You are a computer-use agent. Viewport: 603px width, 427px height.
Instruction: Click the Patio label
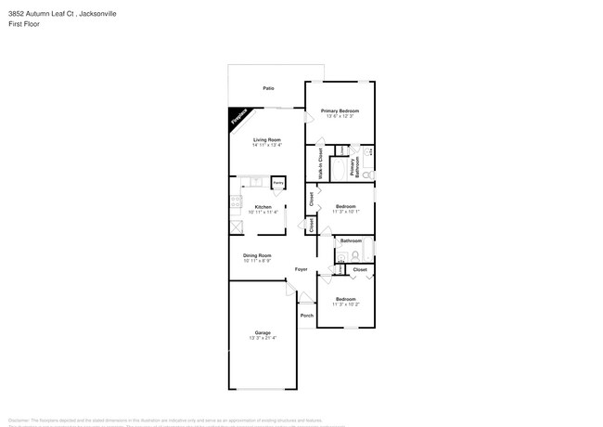pos(268,88)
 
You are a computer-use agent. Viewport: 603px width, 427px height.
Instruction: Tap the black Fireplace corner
pos(238,117)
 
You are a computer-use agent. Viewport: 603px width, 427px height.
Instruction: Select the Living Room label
pos(267,139)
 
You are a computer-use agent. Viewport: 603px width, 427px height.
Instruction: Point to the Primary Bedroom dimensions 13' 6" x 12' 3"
pos(340,116)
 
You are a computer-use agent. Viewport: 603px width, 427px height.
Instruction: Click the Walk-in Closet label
pos(320,162)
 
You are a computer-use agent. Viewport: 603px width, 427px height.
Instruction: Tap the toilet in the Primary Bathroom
pos(367,174)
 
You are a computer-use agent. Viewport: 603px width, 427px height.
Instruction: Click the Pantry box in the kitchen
pos(277,184)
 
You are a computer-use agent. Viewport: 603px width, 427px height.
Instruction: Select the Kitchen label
pos(263,206)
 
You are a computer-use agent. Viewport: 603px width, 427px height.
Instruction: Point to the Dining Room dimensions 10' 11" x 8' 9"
pos(258,260)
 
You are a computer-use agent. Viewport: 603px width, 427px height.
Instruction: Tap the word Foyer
pos(301,269)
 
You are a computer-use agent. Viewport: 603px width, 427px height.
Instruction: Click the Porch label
pos(306,315)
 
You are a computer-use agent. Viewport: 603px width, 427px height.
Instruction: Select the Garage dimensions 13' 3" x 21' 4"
pos(263,338)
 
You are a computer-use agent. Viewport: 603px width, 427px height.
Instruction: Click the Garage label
pos(263,331)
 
